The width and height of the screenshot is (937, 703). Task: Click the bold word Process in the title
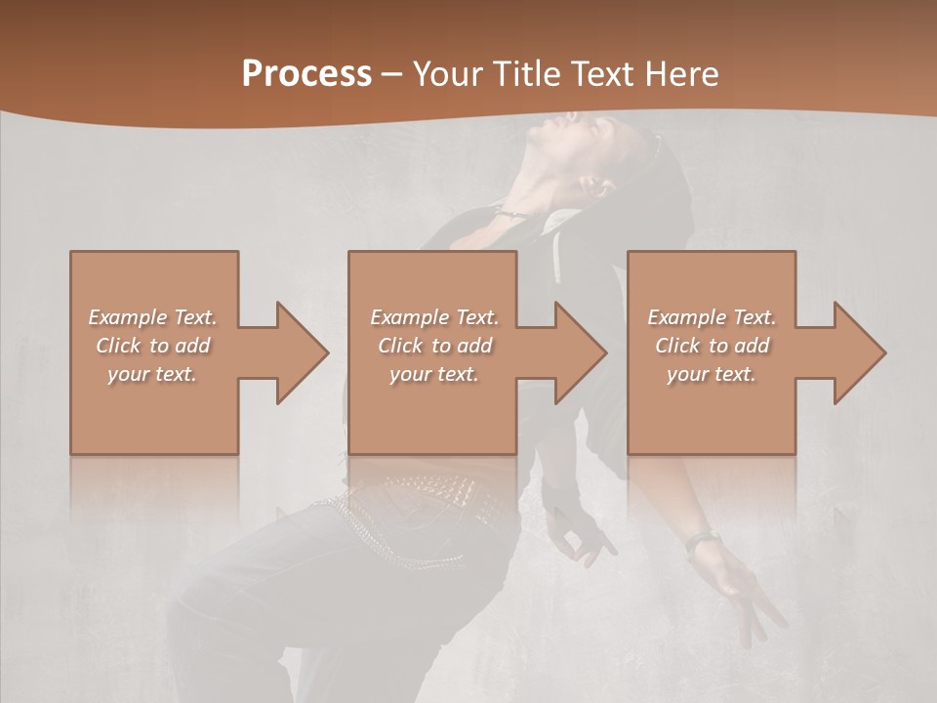pos(306,73)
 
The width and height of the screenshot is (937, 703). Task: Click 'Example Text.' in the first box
pos(152,317)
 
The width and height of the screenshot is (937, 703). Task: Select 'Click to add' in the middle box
pos(434,346)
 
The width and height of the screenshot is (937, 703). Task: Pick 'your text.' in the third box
pos(712,374)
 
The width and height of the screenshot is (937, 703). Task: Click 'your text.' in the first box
pos(152,374)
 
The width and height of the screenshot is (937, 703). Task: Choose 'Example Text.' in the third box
pos(712,317)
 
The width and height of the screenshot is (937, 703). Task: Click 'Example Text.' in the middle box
pos(434,317)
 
